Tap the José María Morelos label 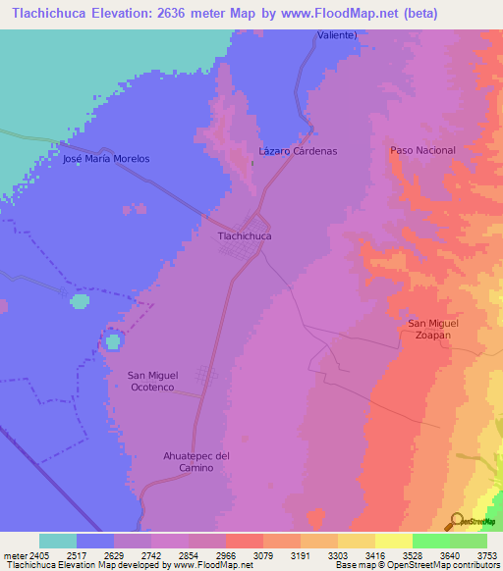pos(106,158)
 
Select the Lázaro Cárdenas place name pos(298,151)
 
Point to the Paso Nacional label pos(422,150)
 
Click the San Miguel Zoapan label pos(429,329)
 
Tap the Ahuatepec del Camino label pos(196,461)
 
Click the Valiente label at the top pos(336,34)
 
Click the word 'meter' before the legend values pos(16,553)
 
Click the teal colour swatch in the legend pos(58,541)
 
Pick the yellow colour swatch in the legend pos(394,541)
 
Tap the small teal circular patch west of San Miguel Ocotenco pos(113,341)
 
